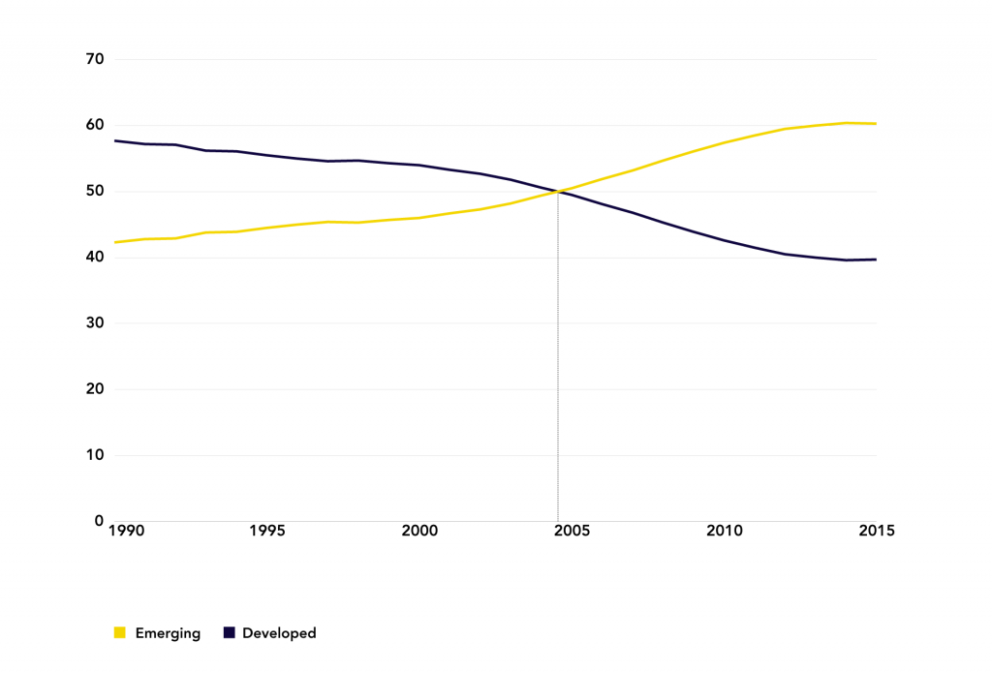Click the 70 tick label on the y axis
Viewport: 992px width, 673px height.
pyautogui.click(x=95, y=59)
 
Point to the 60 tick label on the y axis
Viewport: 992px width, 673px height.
pyautogui.click(x=95, y=125)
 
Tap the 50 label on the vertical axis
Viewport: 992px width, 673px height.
pyautogui.click(x=95, y=192)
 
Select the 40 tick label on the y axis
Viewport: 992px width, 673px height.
pyautogui.click(x=95, y=258)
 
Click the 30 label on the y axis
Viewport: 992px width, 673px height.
pyautogui.click(x=95, y=323)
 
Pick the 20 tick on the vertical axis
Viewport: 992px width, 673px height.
pyautogui.click(x=95, y=389)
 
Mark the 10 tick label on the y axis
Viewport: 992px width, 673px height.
pyautogui.click(x=95, y=455)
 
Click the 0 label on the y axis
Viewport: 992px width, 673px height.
pyautogui.click(x=99, y=521)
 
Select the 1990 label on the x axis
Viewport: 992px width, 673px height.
pyautogui.click(x=126, y=531)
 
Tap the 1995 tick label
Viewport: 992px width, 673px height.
pyautogui.click(x=266, y=531)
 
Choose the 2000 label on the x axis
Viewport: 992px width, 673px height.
pyautogui.click(x=418, y=531)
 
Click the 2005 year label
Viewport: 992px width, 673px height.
pyautogui.click(x=572, y=531)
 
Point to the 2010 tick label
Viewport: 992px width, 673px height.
pyautogui.click(x=724, y=531)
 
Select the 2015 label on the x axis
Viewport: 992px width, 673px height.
pyautogui.click(x=876, y=531)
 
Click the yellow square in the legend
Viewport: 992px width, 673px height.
pyautogui.click(x=120, y=633)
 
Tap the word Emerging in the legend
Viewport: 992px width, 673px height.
pyautogui.click(x=169, y=633)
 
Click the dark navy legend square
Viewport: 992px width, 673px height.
pyautogui.click(x=230, y=633)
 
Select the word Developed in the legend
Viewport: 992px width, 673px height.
pyautogui.click(x=279, y=633)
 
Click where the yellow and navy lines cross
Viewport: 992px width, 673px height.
pyautogui.click(x=559, y=192)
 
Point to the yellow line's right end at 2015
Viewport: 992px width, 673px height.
pyautogui.click(x=876, y=124)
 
